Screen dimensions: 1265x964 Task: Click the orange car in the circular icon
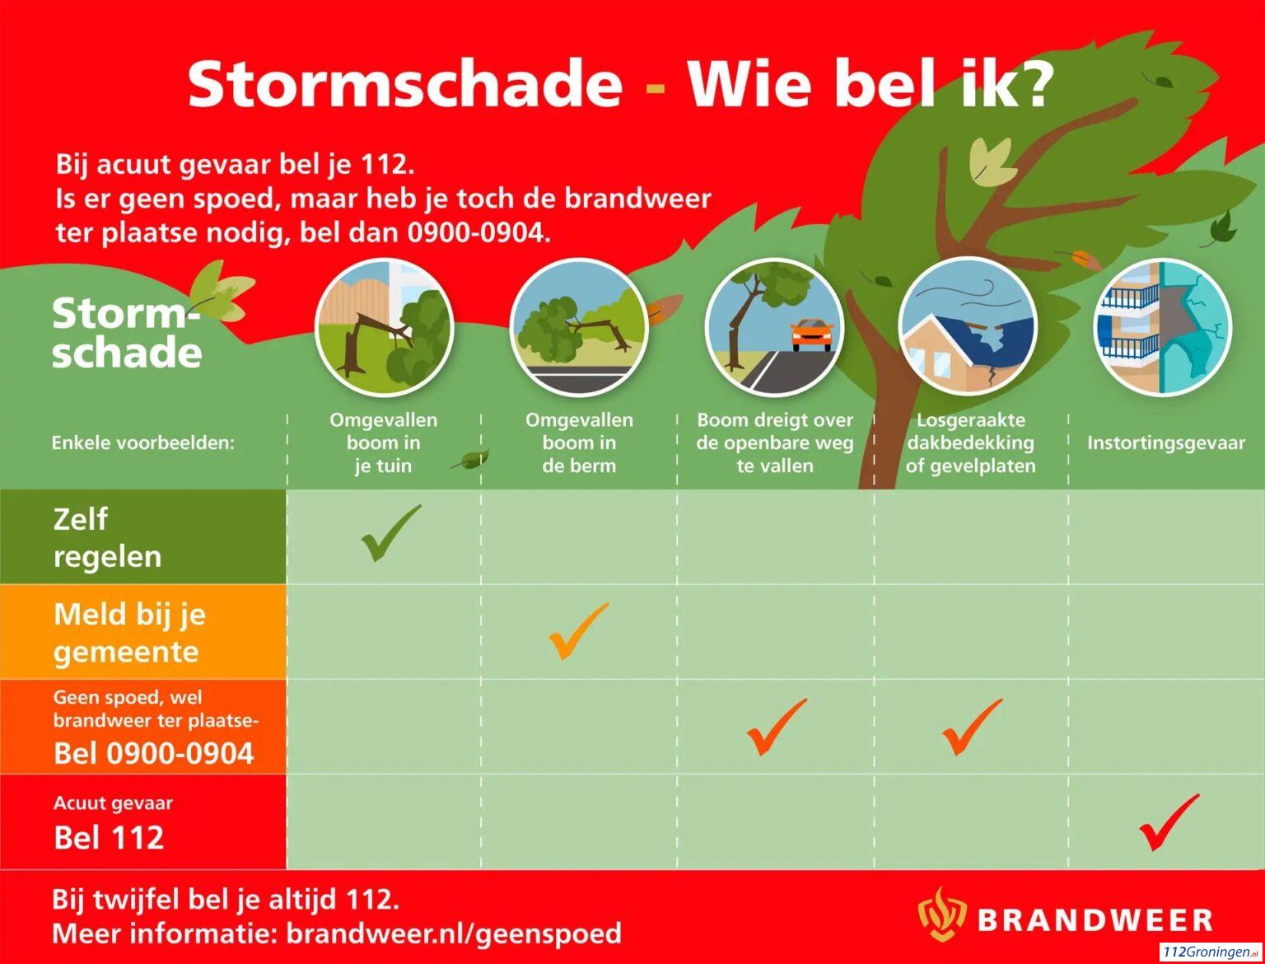pos(811,335)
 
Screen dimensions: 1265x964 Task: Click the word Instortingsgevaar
pos(1166,442)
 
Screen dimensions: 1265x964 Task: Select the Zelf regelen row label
pos(108,538)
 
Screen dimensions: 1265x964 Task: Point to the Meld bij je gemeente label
pos(129,633)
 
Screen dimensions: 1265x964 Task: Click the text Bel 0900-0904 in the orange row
pos(154,754)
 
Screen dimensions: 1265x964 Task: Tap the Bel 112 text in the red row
pos(109,837)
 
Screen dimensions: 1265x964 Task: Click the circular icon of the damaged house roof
pos(969,327)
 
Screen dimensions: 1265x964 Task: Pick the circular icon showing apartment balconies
pos(1162,327)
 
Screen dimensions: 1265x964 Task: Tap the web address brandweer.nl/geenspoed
pos(454,934)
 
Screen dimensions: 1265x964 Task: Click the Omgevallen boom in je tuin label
pos(383,442)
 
